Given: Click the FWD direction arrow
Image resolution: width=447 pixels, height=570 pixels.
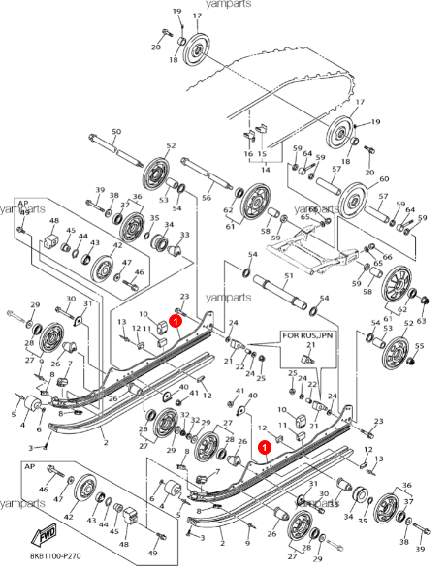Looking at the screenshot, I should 46,535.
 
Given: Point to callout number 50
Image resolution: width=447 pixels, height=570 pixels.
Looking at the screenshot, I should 116,132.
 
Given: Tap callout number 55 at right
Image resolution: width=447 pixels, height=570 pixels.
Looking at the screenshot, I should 419,346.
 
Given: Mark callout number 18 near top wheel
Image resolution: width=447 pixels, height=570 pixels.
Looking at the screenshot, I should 174,60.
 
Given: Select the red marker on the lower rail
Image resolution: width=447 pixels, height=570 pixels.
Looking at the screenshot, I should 265,447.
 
